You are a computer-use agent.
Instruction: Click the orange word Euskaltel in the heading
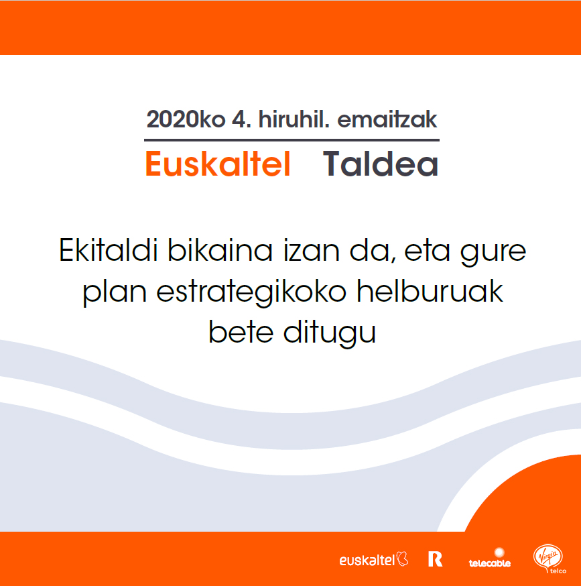pyautogui.click(x=218, y=164)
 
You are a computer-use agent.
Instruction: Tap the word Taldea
pyautogui.click(x=381, y=164)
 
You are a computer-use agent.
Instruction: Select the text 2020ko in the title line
pyautogui.click(x=186, y=119)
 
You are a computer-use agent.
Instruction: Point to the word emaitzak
pyautogui.click(x=387, y=119)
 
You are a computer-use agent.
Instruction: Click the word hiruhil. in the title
pyautogui.click(x=294, y=119)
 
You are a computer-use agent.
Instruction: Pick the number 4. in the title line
pyautogui.click(x=241, y=119)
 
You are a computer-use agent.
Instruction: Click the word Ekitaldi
pyautogui.click(x=109, y=250)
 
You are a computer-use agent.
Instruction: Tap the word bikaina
pyautogui.click(x=220, y=250)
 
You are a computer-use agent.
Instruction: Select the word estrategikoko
pyautogui.click(x=251, y=292)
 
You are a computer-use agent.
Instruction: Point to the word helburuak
pyautogui.click(x=430, y=291)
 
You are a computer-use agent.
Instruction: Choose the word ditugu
pyautogui.click(x=330, y=333)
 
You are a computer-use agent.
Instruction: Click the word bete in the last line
pyautogui.click(x=241, y=332)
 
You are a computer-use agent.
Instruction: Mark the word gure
pyautogui.click(x=493, y=253)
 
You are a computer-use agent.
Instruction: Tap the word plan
pyautogui.click(x=115, y=293)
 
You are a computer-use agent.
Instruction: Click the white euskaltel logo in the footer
pyautogui.click(x=374, y=559)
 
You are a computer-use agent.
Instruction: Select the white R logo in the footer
pyautogui.click(x=436, y=559)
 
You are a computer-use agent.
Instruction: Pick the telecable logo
pyautogui.click(x=490, y=558)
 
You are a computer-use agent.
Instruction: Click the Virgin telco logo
pyautogui.click(x=550, y=559)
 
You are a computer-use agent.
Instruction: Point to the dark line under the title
pyautogui.click(x=292, y=140)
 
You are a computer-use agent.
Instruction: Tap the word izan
pyautogui.click(x=311, y=250)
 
